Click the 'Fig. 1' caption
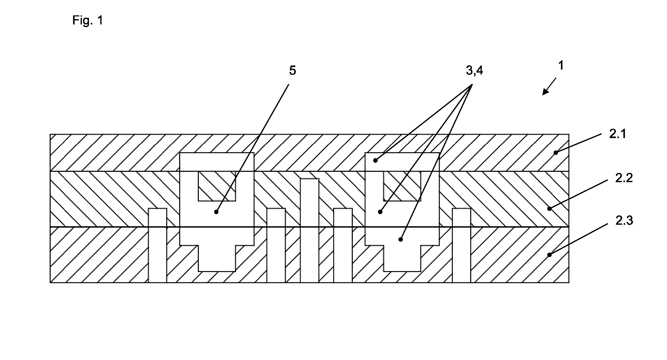(x=87, y=20)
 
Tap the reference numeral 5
(x=292, y=70)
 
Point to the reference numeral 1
(x=561, y=66)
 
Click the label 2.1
(x=618, y=134)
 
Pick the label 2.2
(x=624, y=178)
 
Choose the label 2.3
(x=624, y=221)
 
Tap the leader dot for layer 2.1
(x=556, y=153)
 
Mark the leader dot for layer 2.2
(x=549, y=209)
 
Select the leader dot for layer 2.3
(x=549, y=255)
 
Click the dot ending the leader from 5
(x=216, y=212)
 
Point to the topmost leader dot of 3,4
(x=375, y=160)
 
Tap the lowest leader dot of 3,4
(x=401, y=239)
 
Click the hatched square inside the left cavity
(x=217, y=186)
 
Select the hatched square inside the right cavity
(x=402, y=186)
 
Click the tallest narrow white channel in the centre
(x=309, y=230)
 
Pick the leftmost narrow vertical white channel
(x=157, y=245)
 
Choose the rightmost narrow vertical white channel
(x=461, y=245)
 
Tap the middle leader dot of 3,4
(x=380, y=212)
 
